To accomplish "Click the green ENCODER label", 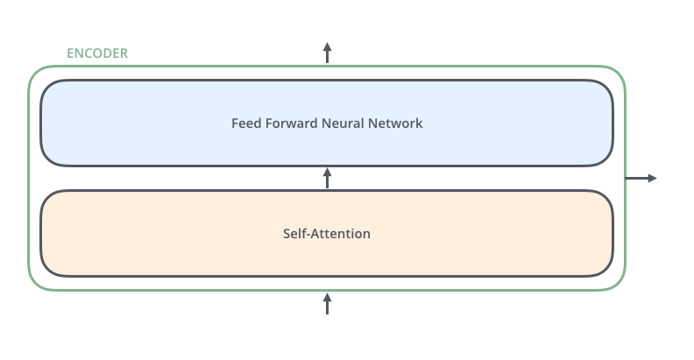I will click(97, 53).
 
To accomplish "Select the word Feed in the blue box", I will click(245, 124).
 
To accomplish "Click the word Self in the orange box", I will click(295, 234).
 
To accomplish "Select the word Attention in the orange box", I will click(342, 234).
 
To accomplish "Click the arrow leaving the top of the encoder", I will click(328, 53).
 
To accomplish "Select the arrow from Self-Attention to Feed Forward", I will click(328, 178).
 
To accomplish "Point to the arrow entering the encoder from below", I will click(328, 304).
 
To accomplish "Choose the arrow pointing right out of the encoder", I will click(640, 178).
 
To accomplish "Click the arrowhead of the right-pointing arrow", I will click(652, 178).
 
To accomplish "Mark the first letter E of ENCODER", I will click(71, 53).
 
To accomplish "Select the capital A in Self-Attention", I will click(317, 234).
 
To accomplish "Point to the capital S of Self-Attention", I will click(287, 234).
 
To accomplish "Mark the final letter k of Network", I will click(419, 124).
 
